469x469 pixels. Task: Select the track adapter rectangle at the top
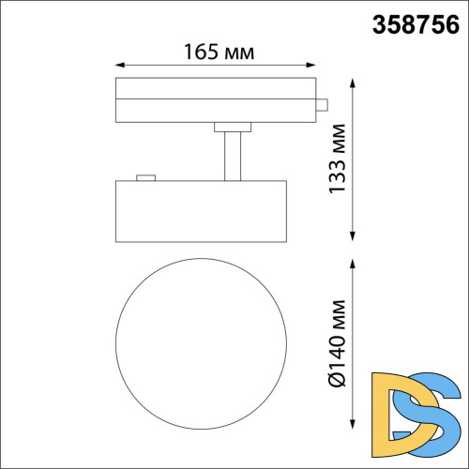(216, 100)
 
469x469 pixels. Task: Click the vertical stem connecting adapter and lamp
(234, 155)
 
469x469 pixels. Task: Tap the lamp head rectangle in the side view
(199, 209)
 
